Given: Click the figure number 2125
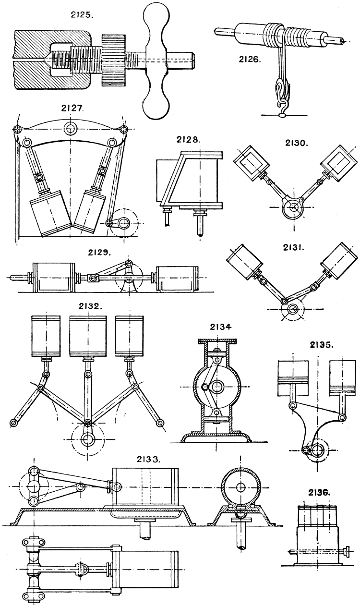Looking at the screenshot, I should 82,14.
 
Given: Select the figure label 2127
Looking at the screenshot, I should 72,109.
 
